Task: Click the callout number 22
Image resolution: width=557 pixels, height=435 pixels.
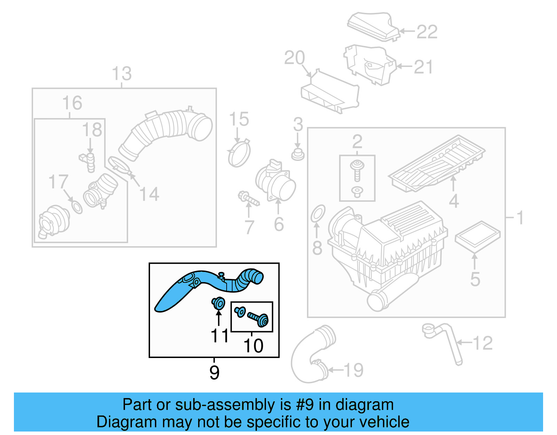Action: (427, 32)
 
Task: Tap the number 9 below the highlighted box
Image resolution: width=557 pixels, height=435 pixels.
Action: (214, 373)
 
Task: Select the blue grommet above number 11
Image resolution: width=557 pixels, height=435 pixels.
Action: (218, 303)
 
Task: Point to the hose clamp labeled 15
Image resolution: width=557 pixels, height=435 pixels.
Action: (239, 154)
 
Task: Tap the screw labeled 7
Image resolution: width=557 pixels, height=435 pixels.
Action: (248, 198)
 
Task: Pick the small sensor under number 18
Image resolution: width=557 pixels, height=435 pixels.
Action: (89, 161)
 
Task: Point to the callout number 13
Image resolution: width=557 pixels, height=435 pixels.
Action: (122, 74)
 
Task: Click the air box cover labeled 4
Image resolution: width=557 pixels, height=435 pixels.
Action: (437, 164)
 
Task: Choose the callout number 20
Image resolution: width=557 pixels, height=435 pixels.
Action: (295, 58)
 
